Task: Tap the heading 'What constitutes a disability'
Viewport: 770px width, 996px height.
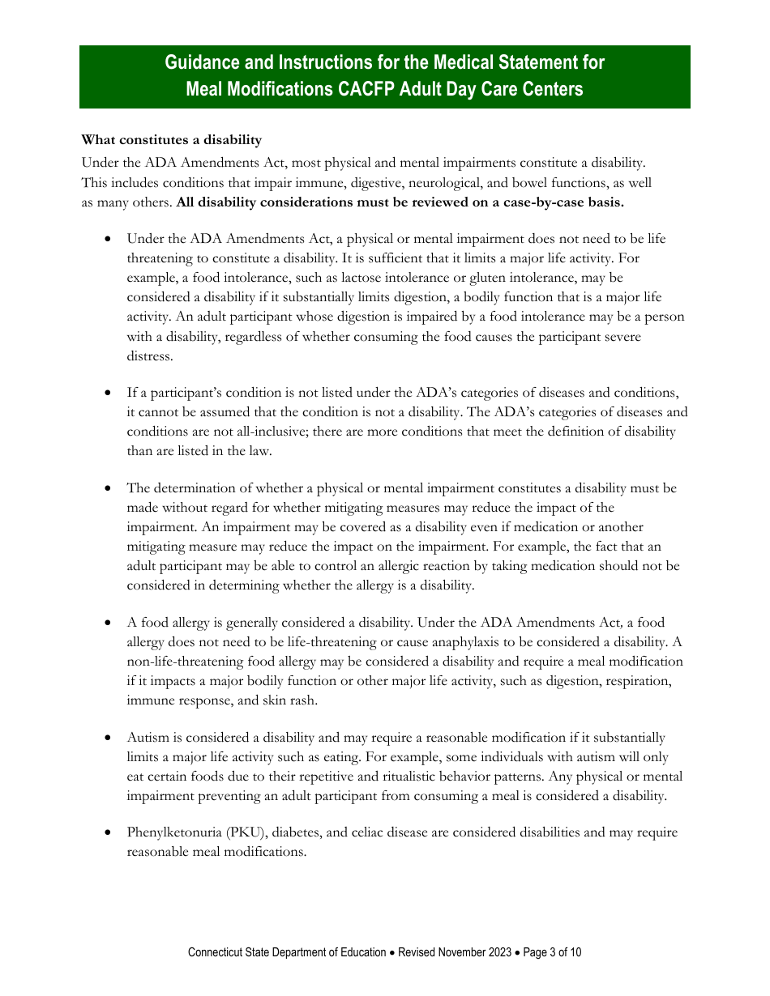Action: pyautogui.click(x=172, y=141)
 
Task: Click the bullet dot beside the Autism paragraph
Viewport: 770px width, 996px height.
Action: pyautogui.click(x=109, y=738)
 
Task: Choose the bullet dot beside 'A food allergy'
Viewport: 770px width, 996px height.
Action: pyautogui.click(x=109, y=623)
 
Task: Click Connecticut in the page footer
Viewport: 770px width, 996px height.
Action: pyautogui.click(x=219, y=952)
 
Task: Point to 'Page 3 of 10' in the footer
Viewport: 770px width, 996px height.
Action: pyautogui.click(x=552, y=952)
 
